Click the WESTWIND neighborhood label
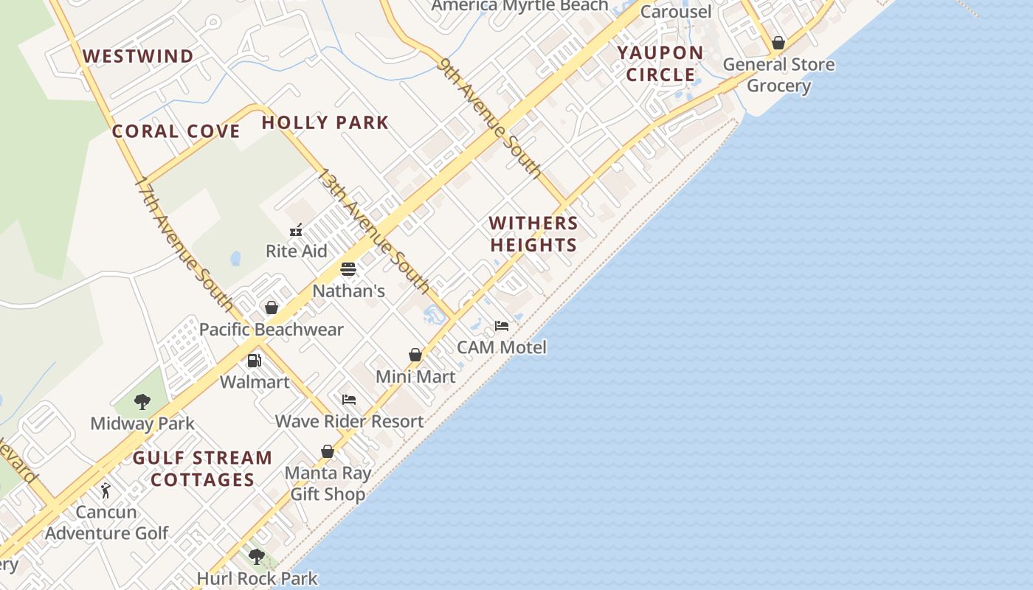(138, 56)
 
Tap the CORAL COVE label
(176, 132)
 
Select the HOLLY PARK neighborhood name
(325, 122)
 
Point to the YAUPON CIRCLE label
(660, 63)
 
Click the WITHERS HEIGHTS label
(533, 234)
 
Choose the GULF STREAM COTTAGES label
(202, 469)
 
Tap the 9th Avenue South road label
(489, 117)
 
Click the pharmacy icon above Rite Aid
(296, 230)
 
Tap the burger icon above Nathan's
(348, 269)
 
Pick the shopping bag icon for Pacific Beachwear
(272, 308)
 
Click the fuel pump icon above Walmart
(254, 361)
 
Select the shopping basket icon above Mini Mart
(415, 355)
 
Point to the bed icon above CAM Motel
(502, 325)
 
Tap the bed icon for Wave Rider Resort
(349, 400)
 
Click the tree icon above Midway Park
(142, 402)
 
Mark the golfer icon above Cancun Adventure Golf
(106, 490)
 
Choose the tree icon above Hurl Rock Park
(257, 557)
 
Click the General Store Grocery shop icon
(778, 43)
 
